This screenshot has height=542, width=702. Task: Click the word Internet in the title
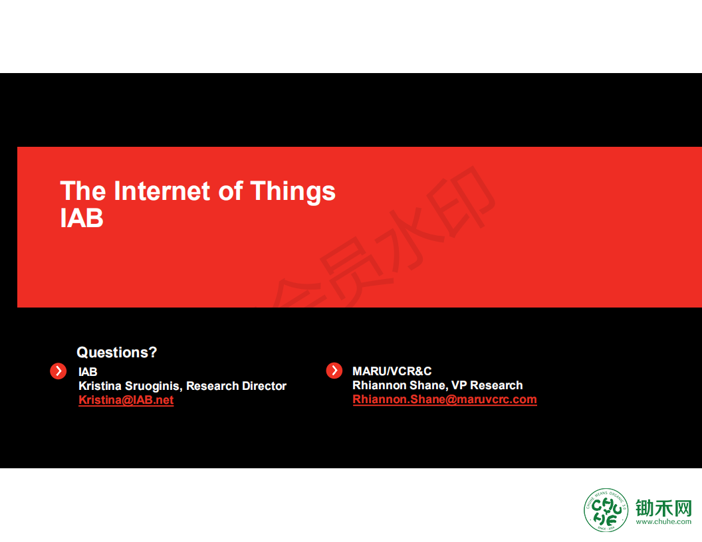(162, 191)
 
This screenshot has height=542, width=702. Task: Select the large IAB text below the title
(82, 218)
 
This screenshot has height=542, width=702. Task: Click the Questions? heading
(117, 353)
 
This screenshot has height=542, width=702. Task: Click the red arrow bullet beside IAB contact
(58, 371)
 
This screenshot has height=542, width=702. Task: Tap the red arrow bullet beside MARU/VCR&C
(334, 370)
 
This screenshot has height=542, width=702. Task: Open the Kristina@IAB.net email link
(126, 400)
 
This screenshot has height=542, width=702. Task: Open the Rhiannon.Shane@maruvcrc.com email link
(445, 399)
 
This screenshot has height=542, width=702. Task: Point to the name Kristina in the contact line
(100, 386)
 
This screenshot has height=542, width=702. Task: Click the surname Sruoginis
(154, 387)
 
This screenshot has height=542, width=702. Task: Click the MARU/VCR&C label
(392, 371)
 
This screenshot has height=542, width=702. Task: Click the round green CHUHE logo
(606, 510)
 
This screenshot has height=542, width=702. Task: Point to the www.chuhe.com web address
(663, 522)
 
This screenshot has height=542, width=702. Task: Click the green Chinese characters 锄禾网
(663, 508)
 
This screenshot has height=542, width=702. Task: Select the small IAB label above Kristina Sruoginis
(88, 371)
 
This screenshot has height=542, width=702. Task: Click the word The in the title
(83, 191)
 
